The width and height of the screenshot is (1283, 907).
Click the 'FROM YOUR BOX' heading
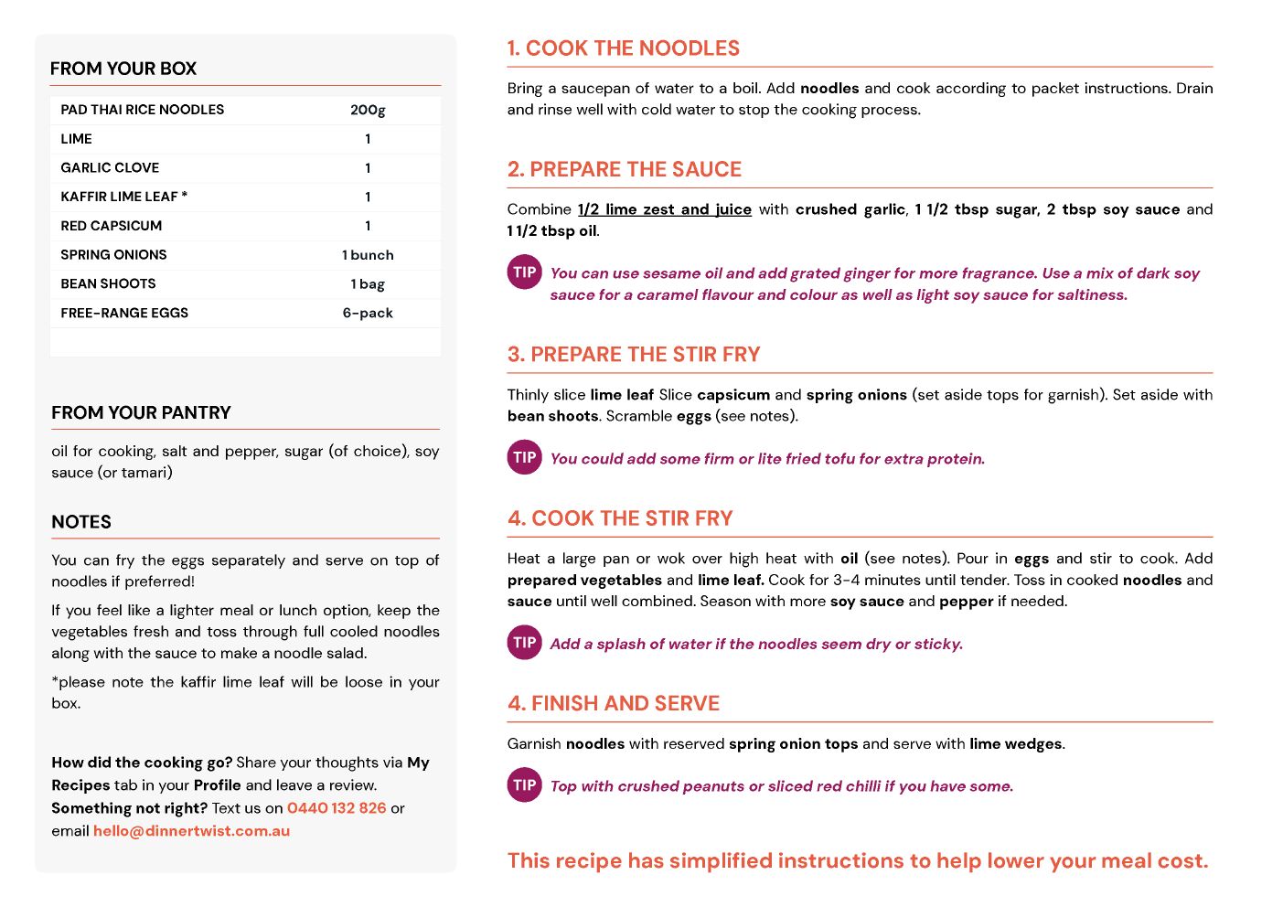(x=123, y=69)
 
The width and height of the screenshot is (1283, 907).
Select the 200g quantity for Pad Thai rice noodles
(x=368, y=110)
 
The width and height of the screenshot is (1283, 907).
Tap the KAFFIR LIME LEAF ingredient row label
(x=123, y=197)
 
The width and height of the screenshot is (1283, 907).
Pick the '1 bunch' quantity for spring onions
(x=368, y=255)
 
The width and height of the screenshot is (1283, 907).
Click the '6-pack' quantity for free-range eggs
(x=368, y=313)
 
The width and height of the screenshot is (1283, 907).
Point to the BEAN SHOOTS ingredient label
(x=108, y=283)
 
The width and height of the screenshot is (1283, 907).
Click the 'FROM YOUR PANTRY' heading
(x=141, y=412)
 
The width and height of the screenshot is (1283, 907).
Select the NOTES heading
(x=81, y=522)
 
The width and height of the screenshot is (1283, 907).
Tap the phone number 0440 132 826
(x=337, y=808)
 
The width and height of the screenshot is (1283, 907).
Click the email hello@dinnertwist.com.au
(x=191, y=831)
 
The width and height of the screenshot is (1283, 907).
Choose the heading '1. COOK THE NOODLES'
(x=624, y=48)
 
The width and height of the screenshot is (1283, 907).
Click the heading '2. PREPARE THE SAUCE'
(x=625, y=169)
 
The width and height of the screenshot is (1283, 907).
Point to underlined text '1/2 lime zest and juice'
(x=665, y=209)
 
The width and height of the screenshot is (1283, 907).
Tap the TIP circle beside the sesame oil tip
(x=525, y=272)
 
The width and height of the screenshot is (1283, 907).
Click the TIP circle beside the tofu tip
(x=525, y=457)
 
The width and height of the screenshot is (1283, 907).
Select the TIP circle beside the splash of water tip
(x=525, y=643)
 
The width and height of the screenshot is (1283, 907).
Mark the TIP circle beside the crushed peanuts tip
(x=525, y=785)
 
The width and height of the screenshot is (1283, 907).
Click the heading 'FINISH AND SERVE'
(x=614, y=703)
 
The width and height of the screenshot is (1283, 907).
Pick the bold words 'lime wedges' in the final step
(x=1016, y=744)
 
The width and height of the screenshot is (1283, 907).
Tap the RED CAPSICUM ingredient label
(x=111, y=226)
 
